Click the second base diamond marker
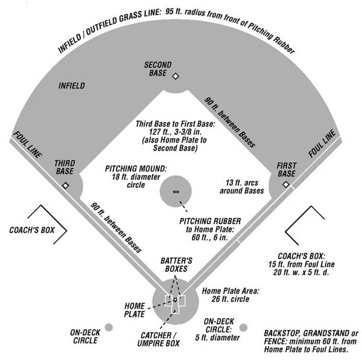(176, 77)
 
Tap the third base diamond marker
(65, 185)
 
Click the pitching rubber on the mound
(176, 191)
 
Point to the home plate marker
(175, 300)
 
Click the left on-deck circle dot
(109, 327)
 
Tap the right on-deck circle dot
(243, 327)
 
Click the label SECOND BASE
(158, 68)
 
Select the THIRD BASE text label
(64, 167)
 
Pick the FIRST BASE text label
(286, 170)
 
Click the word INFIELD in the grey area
(72, 86)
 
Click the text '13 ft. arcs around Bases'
(244, 186)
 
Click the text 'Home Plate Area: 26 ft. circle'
(231, 295)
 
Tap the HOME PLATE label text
(135, 309)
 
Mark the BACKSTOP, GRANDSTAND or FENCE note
(311, 341)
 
